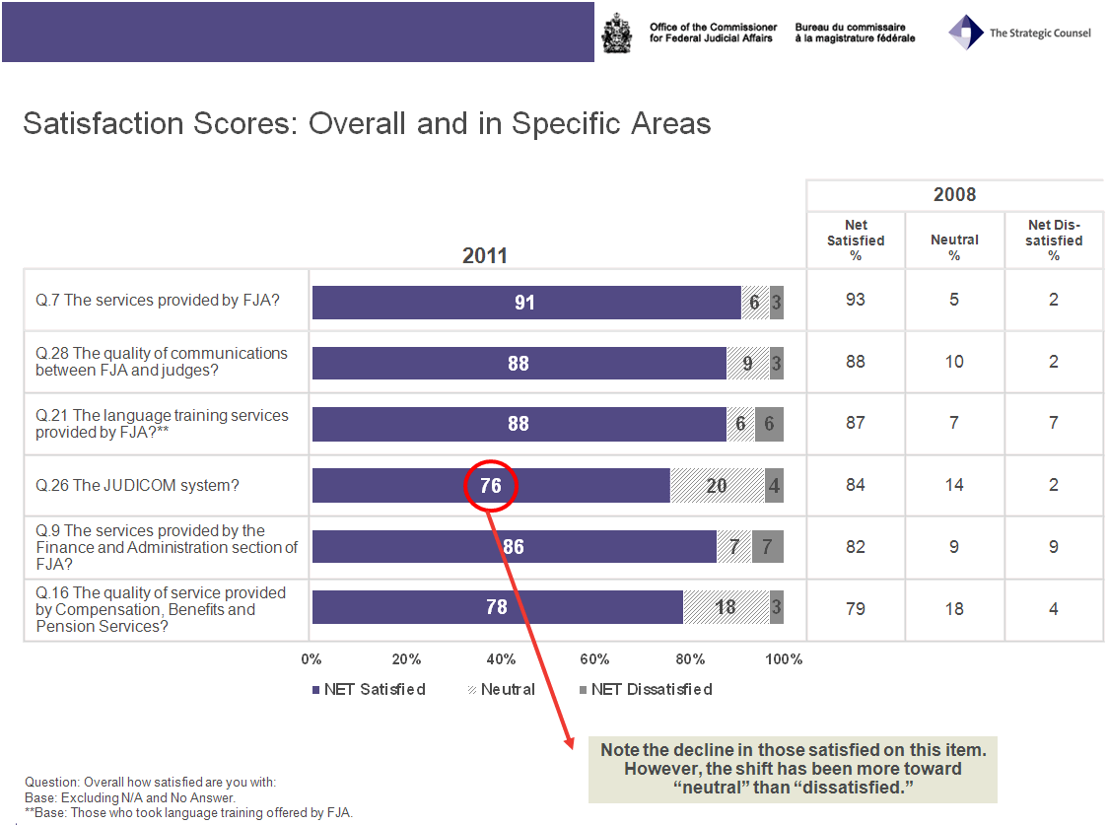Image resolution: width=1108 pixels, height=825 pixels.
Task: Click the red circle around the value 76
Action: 490,485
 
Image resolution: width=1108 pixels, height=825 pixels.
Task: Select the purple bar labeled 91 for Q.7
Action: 525,303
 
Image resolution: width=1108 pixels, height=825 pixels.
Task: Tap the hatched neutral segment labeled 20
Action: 717,485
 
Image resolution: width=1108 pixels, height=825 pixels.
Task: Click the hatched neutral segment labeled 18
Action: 726,607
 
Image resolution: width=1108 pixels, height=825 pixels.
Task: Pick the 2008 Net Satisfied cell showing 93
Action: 856,300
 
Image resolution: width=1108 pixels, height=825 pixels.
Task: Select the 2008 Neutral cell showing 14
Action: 954,485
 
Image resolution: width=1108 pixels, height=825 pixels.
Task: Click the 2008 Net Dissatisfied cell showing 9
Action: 1053,547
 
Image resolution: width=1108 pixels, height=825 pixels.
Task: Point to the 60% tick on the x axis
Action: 594,659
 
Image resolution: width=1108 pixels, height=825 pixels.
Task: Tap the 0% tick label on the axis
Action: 312,659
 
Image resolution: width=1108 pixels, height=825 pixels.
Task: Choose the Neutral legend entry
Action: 500,689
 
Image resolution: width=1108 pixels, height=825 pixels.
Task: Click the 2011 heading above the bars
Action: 485,256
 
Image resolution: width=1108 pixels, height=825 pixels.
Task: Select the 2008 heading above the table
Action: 954,195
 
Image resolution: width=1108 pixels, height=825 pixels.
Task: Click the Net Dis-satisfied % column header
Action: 1053,240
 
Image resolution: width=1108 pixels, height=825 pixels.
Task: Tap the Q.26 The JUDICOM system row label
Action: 138,485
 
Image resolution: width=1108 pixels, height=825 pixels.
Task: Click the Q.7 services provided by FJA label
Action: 158,300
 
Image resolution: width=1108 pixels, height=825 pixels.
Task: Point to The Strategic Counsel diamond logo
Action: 965,33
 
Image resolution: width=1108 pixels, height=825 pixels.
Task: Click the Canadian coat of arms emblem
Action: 617,34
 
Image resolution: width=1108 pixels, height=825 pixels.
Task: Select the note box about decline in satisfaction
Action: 793,769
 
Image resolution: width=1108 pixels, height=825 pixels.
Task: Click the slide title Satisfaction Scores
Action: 367,124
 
